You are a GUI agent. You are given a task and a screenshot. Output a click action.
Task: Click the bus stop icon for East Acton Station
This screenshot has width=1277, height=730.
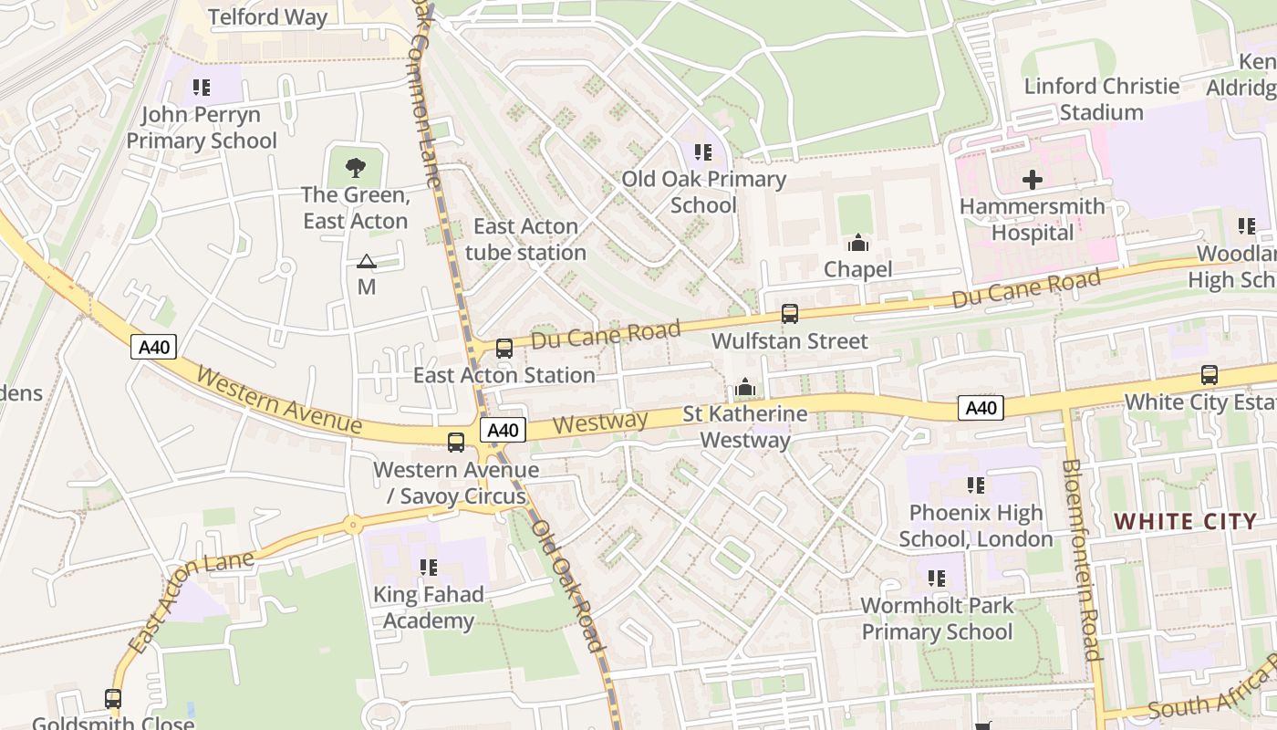504,348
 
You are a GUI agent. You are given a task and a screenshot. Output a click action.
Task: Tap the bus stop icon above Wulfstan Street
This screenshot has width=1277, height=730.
790,314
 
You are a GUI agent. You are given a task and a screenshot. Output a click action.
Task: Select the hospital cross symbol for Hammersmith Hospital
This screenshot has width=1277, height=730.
1033,180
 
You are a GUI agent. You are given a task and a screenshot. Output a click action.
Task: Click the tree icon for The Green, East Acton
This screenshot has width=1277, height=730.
355,167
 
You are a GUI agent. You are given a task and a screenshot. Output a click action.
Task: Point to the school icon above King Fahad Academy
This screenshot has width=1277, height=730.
429,568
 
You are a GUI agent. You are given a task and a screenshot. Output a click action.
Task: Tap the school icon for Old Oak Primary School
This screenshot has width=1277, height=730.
702,151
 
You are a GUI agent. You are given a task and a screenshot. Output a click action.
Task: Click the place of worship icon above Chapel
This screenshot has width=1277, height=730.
857,243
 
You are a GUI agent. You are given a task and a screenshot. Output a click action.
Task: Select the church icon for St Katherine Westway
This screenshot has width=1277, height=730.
745,388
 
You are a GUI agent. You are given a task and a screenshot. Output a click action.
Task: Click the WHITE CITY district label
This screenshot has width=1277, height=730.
1186,522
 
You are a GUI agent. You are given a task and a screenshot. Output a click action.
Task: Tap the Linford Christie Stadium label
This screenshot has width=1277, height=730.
1101,99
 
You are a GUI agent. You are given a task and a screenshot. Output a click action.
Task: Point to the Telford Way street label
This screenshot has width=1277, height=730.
267,17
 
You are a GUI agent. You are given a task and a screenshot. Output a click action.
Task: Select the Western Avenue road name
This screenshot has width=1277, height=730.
279,400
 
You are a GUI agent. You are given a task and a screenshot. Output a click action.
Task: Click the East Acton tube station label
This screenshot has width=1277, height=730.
525,239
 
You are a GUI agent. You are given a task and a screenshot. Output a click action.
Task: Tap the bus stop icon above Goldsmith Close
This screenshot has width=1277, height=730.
113,699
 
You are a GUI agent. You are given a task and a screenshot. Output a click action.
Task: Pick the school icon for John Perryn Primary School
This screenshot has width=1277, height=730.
202,89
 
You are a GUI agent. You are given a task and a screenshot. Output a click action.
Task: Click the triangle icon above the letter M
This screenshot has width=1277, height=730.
366,262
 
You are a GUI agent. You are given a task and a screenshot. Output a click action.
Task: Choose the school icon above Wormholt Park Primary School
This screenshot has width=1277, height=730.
936,578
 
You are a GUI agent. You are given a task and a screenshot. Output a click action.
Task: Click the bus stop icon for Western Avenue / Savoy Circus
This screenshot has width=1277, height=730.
456,443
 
